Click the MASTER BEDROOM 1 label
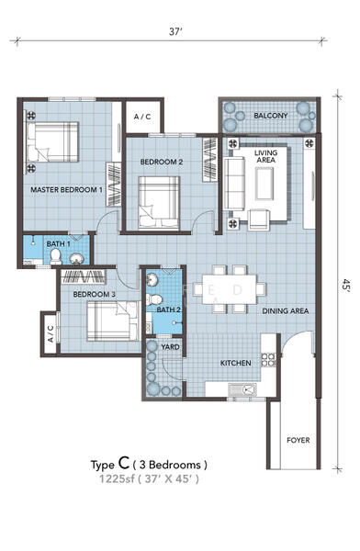[x=66, y=190]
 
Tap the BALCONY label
[x=271, y=116]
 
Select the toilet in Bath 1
[x=56, y=256]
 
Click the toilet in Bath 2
[x=154, y=299]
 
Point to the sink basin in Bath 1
[x=76, y=259]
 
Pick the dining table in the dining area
[x=230, y=289]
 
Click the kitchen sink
[x=242, y=389]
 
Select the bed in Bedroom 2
[x=159, y=203]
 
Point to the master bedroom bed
[x=51, y=142]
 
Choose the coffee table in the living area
[x=264, y=184]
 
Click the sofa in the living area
[x=234, y=184]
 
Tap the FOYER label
[x=298, y=440]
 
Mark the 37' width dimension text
[x=175, y=31]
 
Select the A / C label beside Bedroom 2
[x=142, y=117]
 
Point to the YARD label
[x=170, y=347]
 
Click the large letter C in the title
[x=125, y=463]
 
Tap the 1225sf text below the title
[x=117, y=479]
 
